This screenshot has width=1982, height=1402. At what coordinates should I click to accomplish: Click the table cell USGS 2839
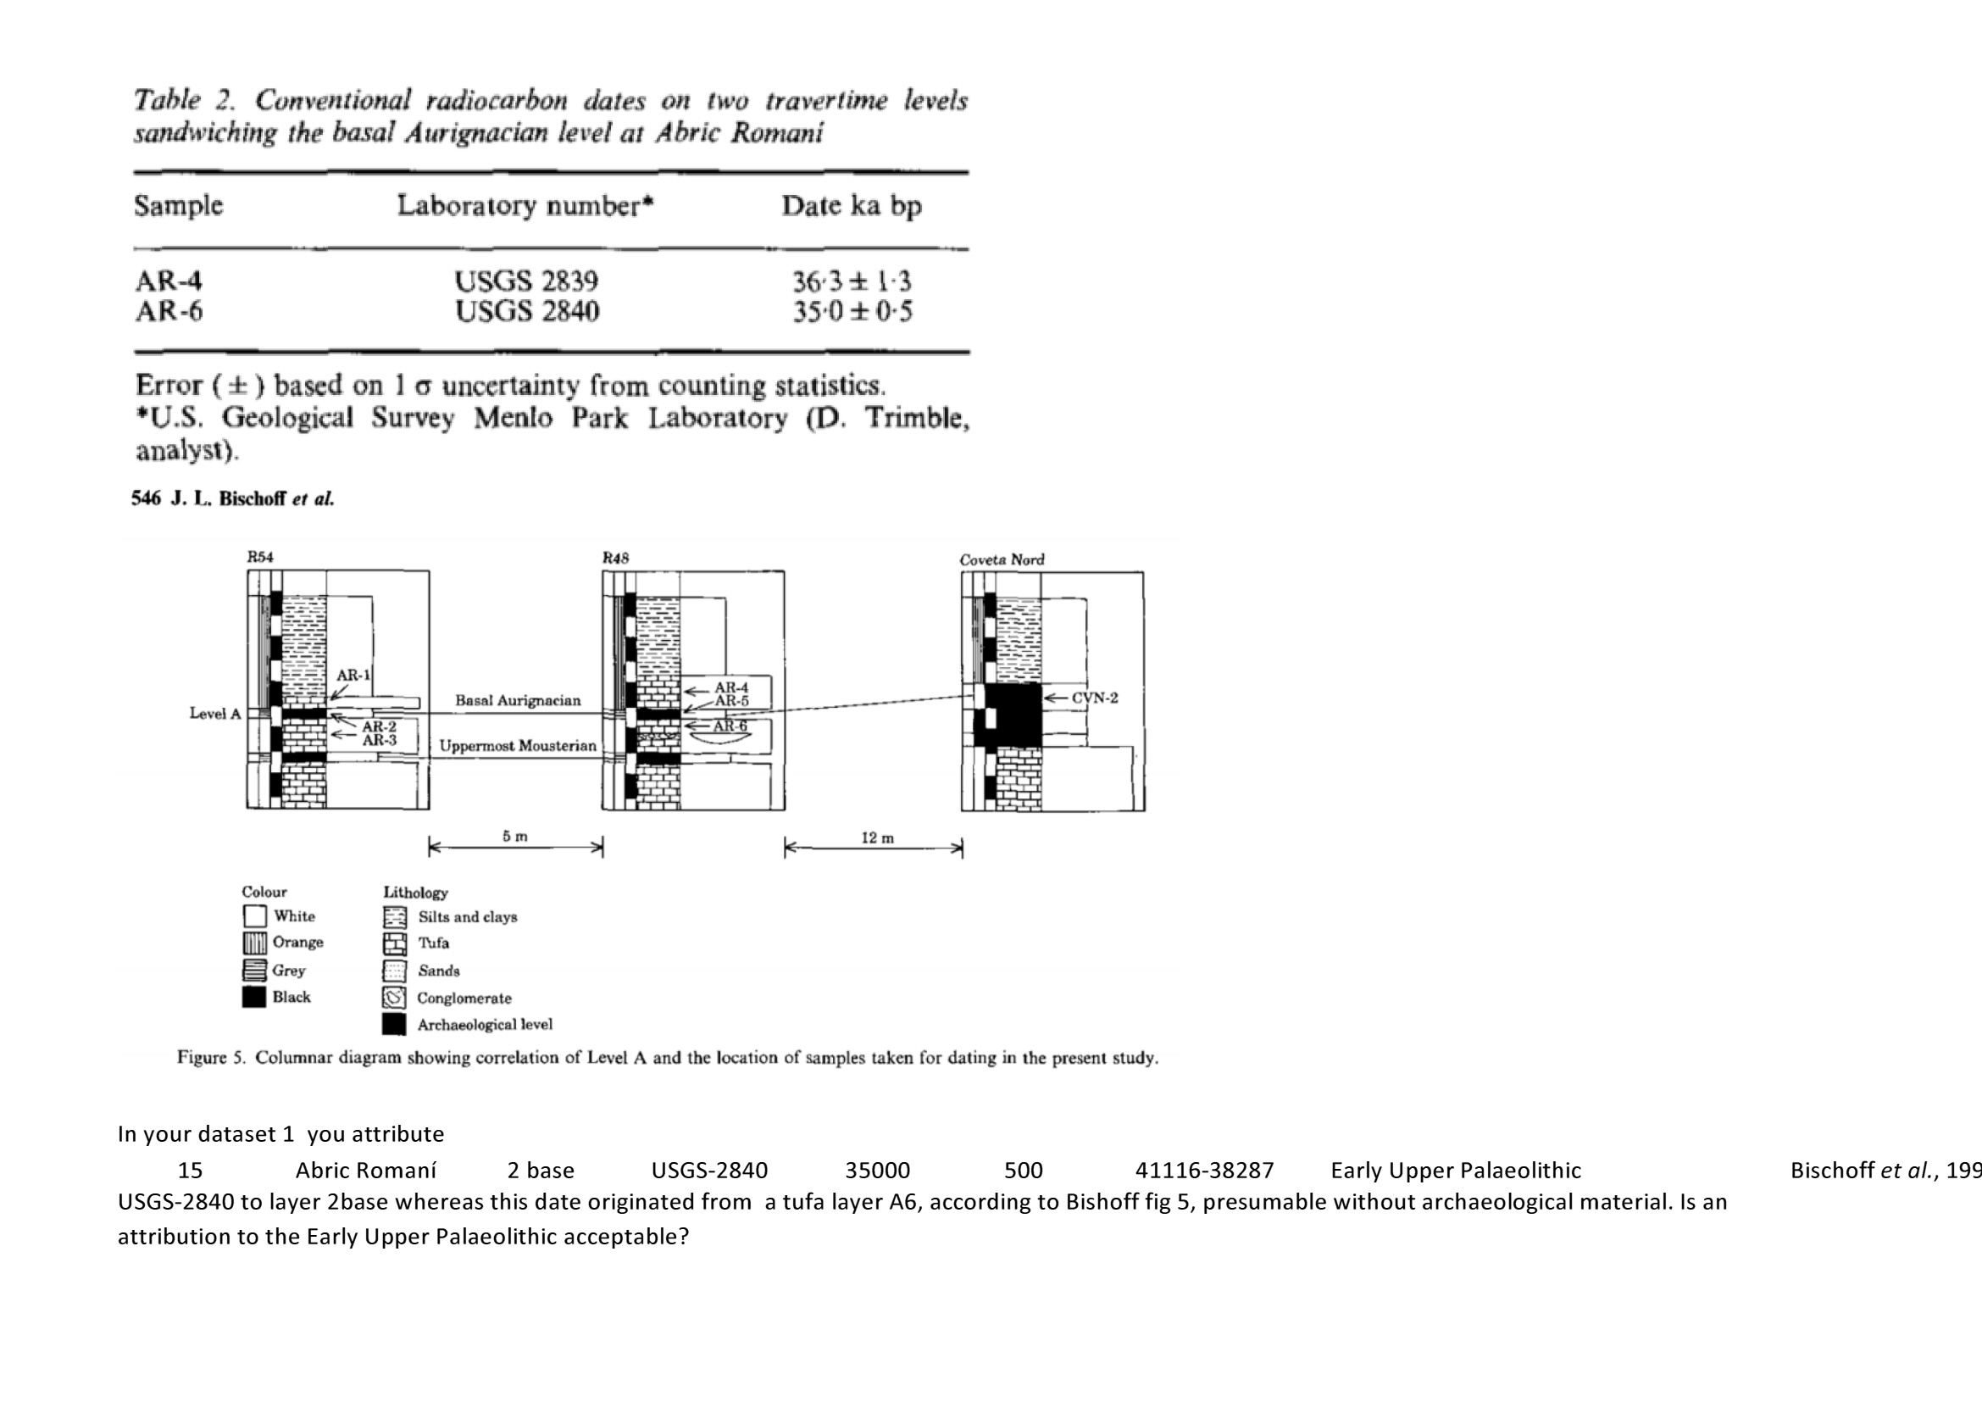tap(525, 281)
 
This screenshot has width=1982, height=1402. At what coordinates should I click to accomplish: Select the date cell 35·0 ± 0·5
tap(852, 311)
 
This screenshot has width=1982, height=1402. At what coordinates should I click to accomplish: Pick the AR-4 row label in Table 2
tap(169, 281)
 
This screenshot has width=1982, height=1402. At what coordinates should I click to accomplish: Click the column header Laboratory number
tap(525, 205)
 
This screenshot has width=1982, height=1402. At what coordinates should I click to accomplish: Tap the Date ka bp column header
tap(851, 205)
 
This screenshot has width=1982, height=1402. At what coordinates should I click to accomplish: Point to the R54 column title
tap(260, 557)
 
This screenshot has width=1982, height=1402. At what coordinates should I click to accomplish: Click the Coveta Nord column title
tap(1002, 559)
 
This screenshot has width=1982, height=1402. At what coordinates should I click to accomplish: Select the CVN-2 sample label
tap(1094, 698)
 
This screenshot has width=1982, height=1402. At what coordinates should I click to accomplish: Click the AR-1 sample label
tap(353, 675)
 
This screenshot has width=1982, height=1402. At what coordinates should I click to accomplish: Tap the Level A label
tap(215, 713)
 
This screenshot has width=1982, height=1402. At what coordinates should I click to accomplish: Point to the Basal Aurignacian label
tap(518, 700)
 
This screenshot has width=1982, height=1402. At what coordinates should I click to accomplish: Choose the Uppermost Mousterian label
tap(518, 746)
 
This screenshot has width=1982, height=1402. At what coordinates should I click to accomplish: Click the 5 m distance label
tap(515, 837)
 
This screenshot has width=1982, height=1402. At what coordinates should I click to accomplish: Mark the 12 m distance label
tap(878, 837)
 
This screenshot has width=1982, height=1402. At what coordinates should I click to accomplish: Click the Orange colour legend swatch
tap(254, 943)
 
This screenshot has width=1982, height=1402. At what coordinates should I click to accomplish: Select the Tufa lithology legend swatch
tap(395, 943)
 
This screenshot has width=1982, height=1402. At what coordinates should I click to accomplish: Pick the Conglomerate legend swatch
tap(395, 998)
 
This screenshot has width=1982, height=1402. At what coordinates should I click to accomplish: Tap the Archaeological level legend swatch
tap(395, 1025)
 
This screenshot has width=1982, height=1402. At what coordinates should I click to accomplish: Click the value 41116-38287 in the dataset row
tap(1204, 1171)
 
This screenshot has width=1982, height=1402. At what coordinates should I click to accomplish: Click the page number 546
tap(146, 498)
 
